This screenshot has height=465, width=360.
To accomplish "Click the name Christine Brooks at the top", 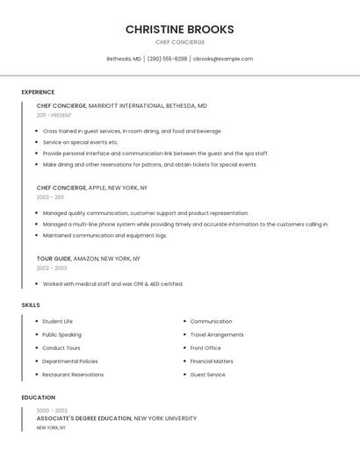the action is point(179,29).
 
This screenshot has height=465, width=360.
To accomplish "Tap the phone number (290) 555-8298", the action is point(167,59).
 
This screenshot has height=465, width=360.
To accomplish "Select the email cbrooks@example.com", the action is point(223,59).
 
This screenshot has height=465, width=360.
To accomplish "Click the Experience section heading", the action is point(38,92).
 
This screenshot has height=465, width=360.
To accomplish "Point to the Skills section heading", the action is point(31,305).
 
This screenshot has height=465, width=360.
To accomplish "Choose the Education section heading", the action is point(38,397).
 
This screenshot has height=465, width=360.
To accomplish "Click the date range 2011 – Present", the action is point(54,115).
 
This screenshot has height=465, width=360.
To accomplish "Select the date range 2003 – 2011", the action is point(50,197).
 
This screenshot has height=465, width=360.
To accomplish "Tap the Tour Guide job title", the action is point(54,259).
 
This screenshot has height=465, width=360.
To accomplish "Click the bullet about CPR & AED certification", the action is point(112,284).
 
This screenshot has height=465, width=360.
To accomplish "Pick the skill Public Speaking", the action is point(61,334).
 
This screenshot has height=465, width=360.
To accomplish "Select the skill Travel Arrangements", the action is point(217,334).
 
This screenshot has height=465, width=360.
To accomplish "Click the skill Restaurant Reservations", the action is point(73,375).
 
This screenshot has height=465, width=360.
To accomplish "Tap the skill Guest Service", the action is point(207,375).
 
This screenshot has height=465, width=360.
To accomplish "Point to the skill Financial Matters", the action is point(212,361).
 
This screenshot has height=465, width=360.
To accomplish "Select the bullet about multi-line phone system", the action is point(185,224).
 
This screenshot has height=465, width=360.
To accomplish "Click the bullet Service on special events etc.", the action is point(80,142).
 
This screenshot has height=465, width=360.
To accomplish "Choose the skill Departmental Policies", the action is point(70,361).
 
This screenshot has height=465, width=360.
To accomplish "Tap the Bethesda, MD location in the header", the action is point(124,59).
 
